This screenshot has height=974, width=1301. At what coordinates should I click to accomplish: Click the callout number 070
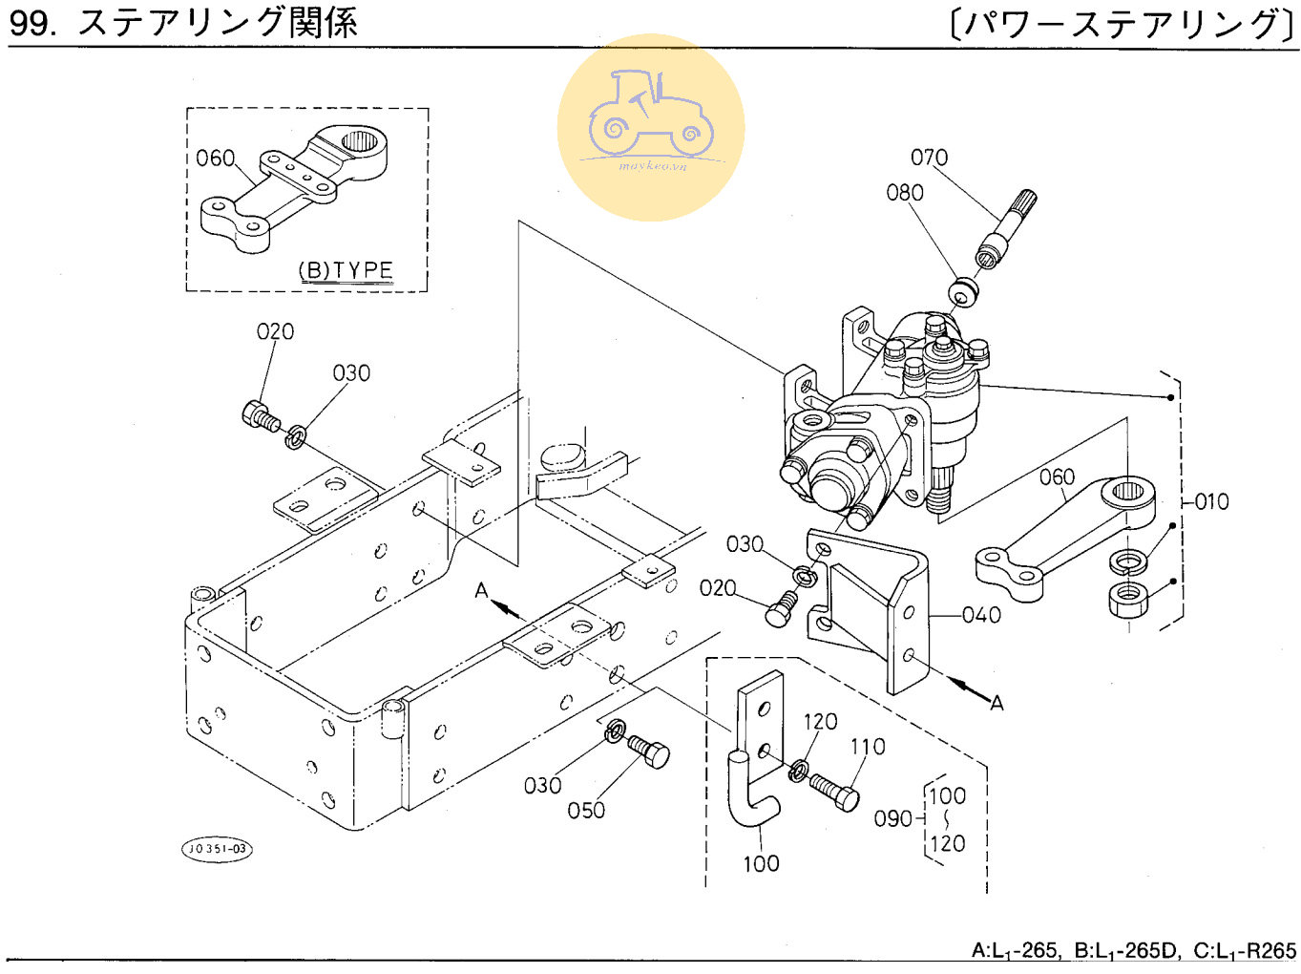pos(929,158)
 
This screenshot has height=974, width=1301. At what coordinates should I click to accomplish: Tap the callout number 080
pos(905,193)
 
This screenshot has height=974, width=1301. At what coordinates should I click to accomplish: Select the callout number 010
pos(1212,501)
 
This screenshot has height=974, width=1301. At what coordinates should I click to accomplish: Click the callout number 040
pos(981,615)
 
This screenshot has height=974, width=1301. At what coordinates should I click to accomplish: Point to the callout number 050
pos(586,811)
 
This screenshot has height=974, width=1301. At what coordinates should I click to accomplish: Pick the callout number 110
pos(868,747)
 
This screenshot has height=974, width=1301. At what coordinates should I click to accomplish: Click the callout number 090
pos(893,818)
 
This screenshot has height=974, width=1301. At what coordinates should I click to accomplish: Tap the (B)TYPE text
pos(346,270)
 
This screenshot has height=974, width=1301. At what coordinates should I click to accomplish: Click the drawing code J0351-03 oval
pos(218,848)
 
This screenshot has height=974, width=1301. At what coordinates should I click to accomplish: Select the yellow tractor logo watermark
pos(651,128)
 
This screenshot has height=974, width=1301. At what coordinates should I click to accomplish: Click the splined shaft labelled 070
pos(1006,229)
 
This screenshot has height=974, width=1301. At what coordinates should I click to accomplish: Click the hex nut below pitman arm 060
pos(1129,599)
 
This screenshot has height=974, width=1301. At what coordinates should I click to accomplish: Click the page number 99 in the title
pos(31,23)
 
